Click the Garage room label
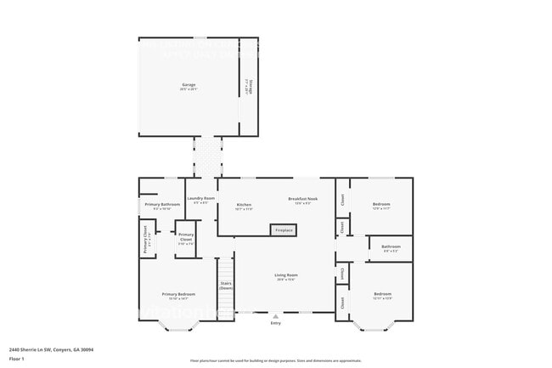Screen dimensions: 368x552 click(189, 86)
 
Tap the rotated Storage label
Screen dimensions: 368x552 click(248, 86)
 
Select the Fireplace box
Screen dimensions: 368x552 click(284, 230)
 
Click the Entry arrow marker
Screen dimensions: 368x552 click(275, 315)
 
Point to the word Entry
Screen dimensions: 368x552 click(275, 323)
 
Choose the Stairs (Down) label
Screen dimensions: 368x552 click(226, 286)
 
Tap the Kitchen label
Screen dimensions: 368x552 click(244, 207)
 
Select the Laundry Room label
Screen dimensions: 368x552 click(201, 200)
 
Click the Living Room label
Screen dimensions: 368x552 click(285, 276)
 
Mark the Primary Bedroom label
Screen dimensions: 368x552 click(178, 296)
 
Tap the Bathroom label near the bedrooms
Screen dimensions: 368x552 click(391, 248)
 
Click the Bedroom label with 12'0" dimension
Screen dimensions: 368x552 click(381, 205)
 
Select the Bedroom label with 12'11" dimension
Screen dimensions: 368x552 click(382, 296)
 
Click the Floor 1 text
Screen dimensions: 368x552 click(17, 359)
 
